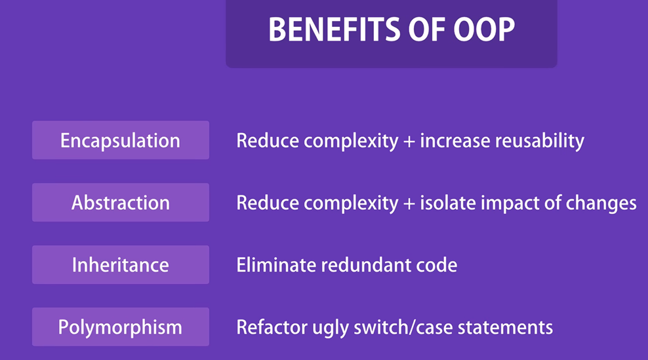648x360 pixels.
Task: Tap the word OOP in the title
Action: click(x=484, y=30)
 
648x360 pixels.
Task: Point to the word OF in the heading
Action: click(x=426, y=30)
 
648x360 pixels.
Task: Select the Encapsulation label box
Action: click(x=121, y=140)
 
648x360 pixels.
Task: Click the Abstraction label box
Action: click(x=121, y=203)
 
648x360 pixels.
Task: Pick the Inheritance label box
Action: click(x=121, y=264)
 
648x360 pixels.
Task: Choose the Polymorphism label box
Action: click(x=121, y=327)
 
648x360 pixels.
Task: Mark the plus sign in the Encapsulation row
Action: click(x=409, y=142)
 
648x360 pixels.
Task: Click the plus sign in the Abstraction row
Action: click(x=409, y=204)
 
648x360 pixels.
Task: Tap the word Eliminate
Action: click(x=275, y=265)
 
